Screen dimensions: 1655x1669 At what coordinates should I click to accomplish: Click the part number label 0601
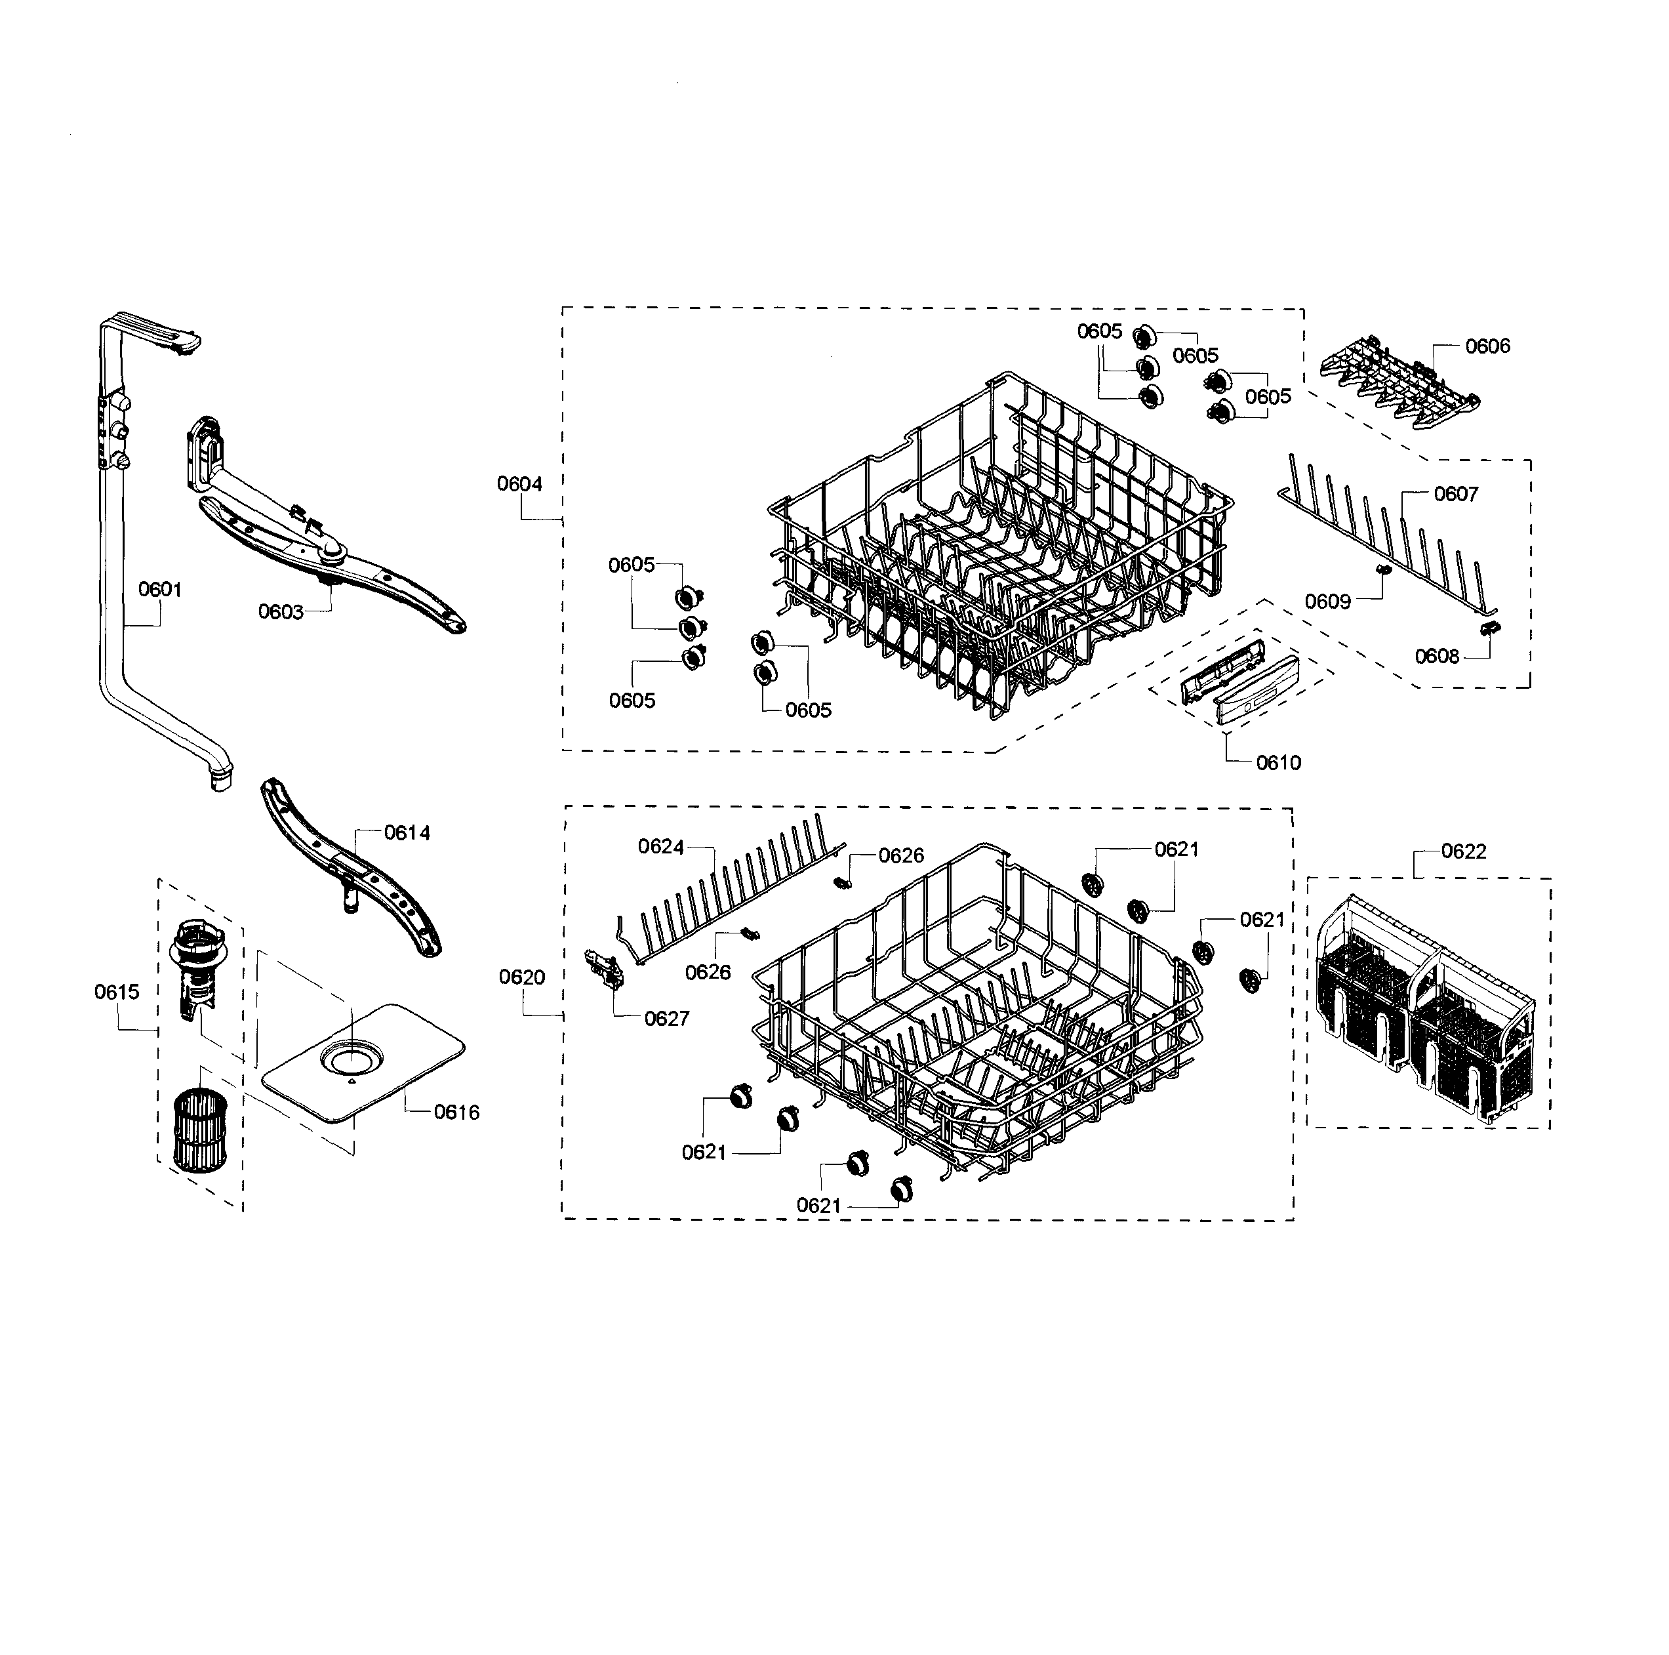[x=160, y=590]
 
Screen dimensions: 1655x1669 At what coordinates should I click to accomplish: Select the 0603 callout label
[x=281, y=612]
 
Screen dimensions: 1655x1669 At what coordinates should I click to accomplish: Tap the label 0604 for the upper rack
[x=519, y=484]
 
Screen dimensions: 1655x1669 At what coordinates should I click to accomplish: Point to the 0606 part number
[x=1487, y=346]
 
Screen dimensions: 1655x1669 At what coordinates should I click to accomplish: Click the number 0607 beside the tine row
[x=1456, y=495]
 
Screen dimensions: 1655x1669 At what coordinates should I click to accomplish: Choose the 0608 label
[x=1437, y=657]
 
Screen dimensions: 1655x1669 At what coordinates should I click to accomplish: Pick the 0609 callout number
[x=1327, y=602]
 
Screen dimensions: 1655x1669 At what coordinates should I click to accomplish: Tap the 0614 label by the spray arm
[x=407, y=833]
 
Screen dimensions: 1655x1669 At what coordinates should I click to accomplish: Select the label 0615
[x=117, y=992]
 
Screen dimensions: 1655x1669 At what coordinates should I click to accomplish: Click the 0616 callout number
[x=456, y=1113]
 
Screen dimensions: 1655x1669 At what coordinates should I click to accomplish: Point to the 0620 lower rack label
[x=522, y=977]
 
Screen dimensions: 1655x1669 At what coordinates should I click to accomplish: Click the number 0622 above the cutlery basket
[x=1463, y=852]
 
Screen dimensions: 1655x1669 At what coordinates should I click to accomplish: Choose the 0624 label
[x=661, y=847]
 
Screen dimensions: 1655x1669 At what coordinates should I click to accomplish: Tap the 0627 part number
[x=667, y=1019]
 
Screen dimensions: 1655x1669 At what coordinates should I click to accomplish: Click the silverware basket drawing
[x=1426, y=1007]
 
